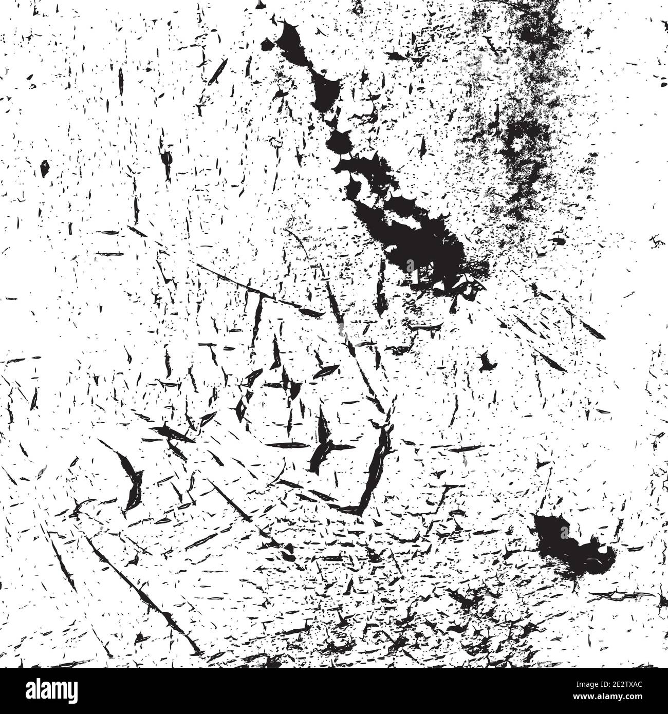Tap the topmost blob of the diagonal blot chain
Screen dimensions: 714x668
click(x=290, y=39)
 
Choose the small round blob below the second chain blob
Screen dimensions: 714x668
click(x=340, y=140)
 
